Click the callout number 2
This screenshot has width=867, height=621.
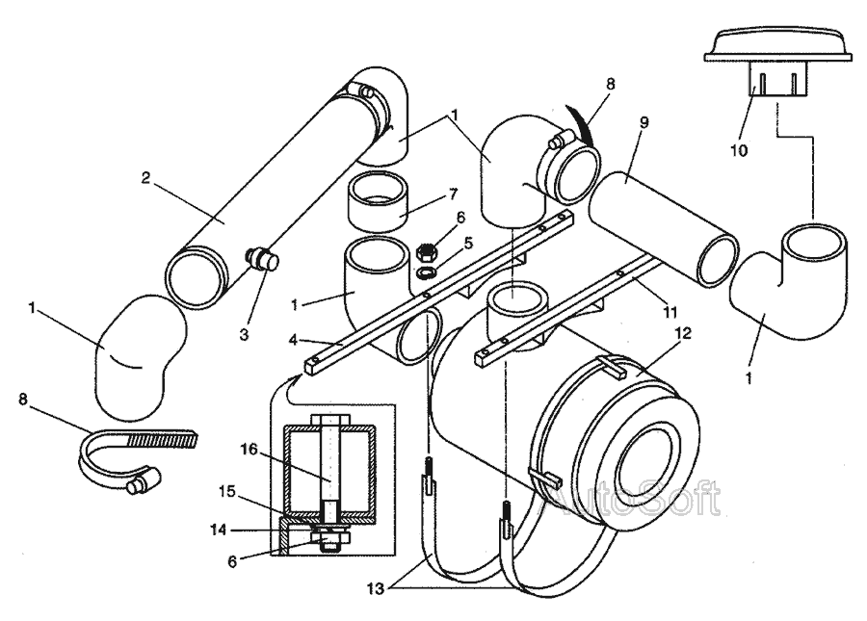click(145, 178)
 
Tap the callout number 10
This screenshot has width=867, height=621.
click(739, 150)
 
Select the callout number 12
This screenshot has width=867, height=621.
click(683, 333)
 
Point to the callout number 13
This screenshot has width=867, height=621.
click(376, 589)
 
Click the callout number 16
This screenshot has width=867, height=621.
click(249, 450)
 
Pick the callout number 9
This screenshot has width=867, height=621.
click(644, 122)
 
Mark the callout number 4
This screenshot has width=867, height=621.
click(293, 340)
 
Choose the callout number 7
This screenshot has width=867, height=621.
click(453, 194)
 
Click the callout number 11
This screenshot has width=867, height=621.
click(670, 313)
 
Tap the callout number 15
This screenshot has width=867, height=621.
click(227, 491)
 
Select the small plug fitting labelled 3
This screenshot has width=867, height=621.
click(262, 259)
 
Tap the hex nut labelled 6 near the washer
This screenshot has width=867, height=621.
click(427, 251)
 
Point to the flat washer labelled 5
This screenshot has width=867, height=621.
click(426, 272)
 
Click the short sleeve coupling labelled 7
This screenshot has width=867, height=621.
click(379, 201)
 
